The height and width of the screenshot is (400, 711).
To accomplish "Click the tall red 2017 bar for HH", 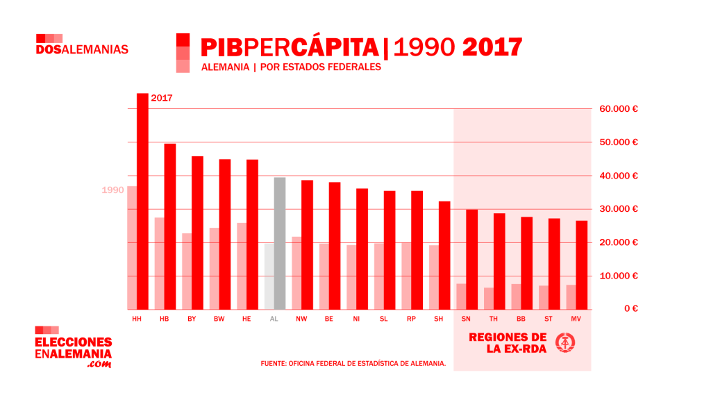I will coord(142,201).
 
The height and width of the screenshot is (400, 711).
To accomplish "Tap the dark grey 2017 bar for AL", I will coord(280,244).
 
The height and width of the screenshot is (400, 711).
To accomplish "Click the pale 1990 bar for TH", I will coord(489,299).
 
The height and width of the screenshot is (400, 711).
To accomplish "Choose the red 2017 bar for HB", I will coord(170,226).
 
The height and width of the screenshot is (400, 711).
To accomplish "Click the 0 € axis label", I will coord(630,309).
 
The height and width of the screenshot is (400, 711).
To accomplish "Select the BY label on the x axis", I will coord(192,319).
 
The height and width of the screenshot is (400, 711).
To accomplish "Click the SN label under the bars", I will coord(466,319).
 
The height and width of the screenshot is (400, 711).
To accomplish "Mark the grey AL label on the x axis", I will coord(274,319).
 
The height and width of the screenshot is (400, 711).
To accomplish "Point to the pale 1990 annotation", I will coord(112,190).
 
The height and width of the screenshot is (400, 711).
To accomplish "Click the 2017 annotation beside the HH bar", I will coord(161,99).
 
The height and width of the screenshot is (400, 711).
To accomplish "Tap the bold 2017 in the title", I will coord(492,47).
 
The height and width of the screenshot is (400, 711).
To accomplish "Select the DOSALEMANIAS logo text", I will coord(82,50).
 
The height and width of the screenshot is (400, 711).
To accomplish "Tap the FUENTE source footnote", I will coord(353,363).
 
